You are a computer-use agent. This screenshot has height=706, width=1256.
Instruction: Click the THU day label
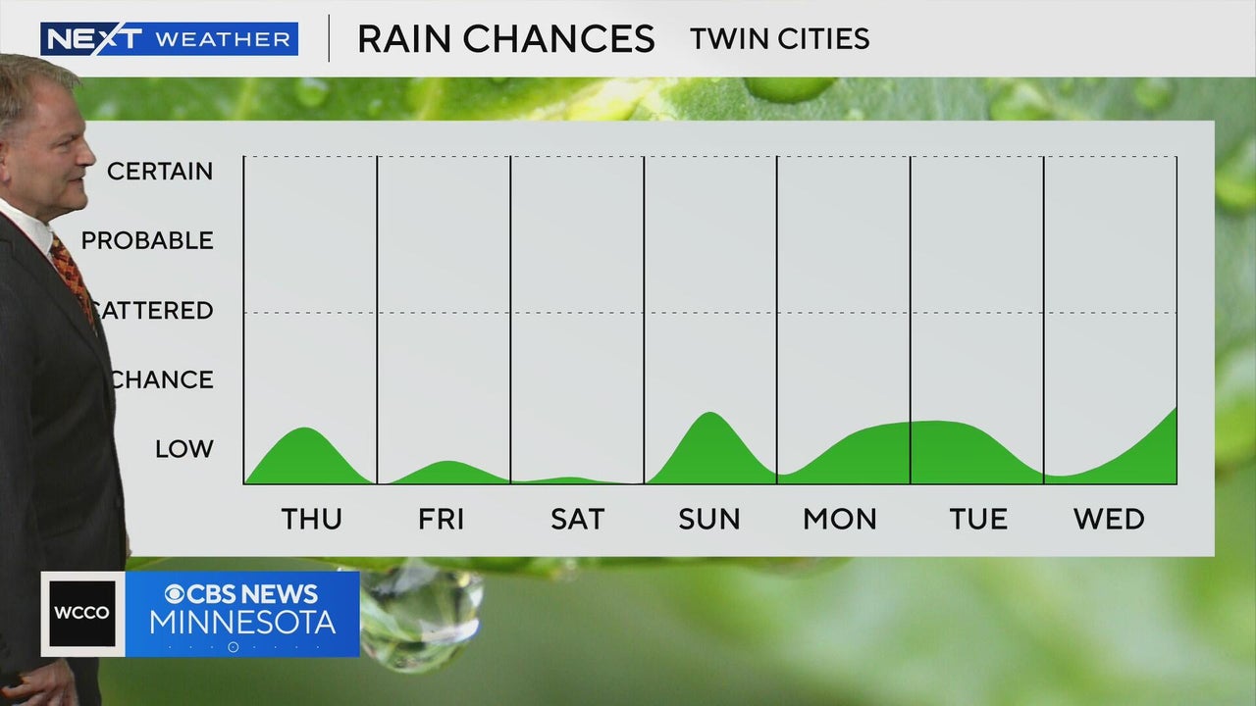(312, 519)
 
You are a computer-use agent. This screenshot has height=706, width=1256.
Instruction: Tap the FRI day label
(442, 519)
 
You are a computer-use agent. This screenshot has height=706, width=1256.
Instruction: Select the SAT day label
(577, 519)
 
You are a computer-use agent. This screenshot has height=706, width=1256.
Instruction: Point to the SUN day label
(709, 519)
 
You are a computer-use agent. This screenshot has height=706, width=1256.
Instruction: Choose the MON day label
(840, 519)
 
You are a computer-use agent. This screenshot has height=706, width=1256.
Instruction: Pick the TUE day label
(978, 519)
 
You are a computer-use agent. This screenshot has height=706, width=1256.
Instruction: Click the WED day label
(1109, 519)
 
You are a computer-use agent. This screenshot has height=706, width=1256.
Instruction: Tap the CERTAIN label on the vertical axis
(160, 172)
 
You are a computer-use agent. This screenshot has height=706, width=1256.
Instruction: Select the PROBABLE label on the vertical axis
(147, 241)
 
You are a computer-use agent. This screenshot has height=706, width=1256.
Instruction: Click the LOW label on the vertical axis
(184, 449)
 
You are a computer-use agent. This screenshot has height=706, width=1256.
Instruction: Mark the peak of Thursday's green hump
(308, 429)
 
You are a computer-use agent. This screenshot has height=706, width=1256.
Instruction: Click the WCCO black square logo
(82, 614)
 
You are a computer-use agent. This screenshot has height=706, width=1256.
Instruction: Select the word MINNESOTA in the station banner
(242, 622)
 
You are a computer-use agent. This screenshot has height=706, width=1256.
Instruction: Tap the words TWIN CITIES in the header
(779, 39)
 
